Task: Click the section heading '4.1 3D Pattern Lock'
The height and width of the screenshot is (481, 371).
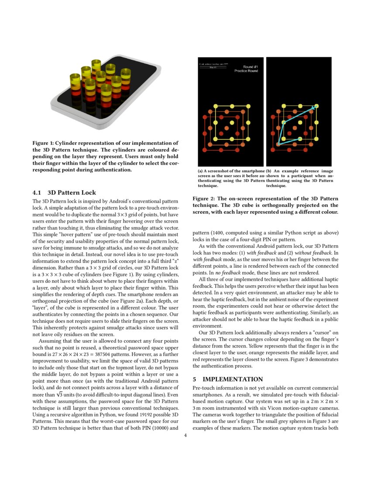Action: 64,192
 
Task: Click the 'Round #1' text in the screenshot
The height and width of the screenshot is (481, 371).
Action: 250,67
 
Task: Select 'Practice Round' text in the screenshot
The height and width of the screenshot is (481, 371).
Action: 246,71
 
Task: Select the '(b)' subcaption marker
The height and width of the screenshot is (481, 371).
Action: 269,171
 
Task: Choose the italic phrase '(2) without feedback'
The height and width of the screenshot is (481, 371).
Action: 301,252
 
